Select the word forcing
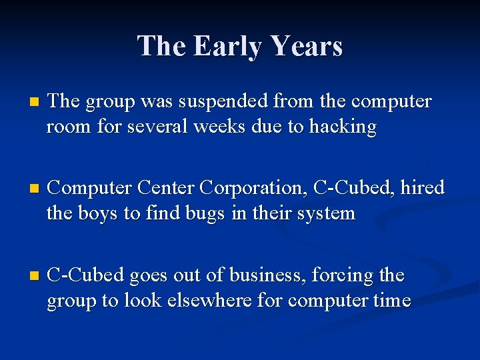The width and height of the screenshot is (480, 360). pos(349,275)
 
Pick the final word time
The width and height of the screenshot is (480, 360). pos(391,300)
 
